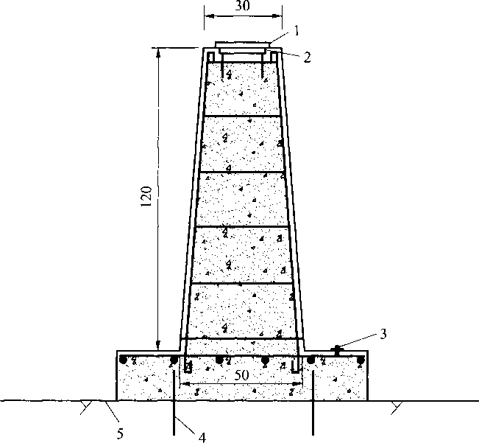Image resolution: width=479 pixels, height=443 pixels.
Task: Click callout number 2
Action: pyautogui.click(x=306, y=56)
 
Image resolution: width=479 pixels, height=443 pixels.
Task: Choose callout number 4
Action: pyautogui.click(x=201, y=436)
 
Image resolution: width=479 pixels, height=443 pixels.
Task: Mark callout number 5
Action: pyautogui.click(x=119, y=431)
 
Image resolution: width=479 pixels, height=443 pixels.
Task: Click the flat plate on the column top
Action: pyautogui.click(x=242, y=46)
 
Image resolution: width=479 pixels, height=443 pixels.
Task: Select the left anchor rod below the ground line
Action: pyautogui.click(x=174, y=416)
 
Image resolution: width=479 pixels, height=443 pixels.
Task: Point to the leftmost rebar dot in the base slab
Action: pyautogui.click(x=124, y=360)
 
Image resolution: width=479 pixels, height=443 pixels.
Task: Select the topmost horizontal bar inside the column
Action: pyautogui.click(x=242, y=116)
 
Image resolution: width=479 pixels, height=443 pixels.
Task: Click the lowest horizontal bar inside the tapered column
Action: pyautogui.click(x=242, y=338)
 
